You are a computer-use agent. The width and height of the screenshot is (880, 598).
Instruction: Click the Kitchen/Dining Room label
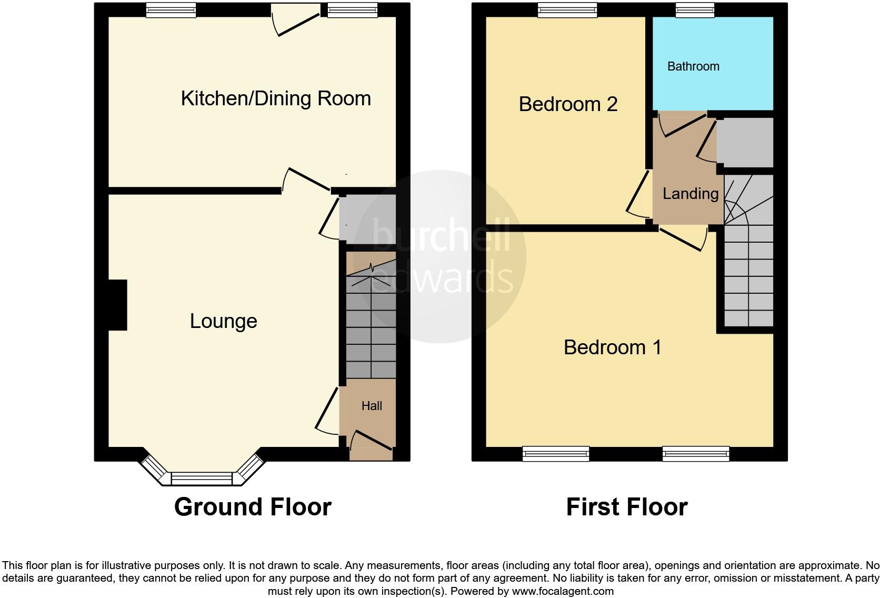tap(276, 98)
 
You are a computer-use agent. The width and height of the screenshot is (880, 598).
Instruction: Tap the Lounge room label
tap(223, 321)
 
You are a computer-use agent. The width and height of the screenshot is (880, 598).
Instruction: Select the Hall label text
tap(372, 406)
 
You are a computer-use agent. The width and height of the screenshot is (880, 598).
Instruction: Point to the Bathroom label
tap(693, 66)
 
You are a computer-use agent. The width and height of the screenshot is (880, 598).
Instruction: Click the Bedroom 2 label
tap(568, 104)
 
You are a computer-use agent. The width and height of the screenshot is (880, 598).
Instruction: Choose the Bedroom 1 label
tap(612, 347)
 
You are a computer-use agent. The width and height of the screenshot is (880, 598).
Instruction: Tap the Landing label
tap(691, 194)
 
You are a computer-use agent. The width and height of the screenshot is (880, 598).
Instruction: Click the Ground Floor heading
tap(253, 507)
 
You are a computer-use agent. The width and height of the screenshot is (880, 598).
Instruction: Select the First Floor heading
tap(626, 507)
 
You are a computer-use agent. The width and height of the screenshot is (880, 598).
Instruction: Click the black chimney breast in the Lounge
tap(118, 305)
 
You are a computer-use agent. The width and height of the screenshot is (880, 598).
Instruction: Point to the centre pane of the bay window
tap(202, 479)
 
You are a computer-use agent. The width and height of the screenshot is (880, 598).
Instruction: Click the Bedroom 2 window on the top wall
tap(568, 10)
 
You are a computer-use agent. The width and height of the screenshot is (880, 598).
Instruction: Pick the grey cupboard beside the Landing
tap(745, 142)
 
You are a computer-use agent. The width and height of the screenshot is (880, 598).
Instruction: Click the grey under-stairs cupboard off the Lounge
tap(367, 218)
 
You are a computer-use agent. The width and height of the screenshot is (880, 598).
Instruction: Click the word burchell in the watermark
tap(441, 236)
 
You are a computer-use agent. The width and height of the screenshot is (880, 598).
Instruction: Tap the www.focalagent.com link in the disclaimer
tap(563, 591)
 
